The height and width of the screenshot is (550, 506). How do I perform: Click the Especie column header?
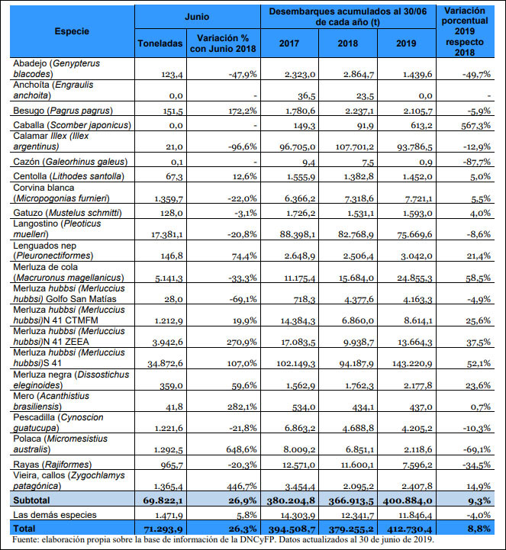(x=72, y=31)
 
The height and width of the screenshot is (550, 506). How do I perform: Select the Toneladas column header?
(x=160, y=43)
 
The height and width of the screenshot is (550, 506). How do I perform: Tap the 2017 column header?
(x=289, y=43)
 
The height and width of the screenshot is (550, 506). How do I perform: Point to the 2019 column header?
(x=406, y=43)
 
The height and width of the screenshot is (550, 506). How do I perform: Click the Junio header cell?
(x=197, y=17)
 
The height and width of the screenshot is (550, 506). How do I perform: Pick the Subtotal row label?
(x=31, y=500)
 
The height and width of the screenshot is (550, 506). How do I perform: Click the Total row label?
(x=24, y=528)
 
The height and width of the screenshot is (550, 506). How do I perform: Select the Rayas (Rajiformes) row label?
(x=53, y=465)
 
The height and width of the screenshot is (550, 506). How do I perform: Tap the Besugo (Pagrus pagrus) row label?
(x=63, y=111)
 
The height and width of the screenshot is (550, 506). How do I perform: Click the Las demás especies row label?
(x=55, y=515)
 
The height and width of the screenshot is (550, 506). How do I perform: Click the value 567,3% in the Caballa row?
(x=475, y=126)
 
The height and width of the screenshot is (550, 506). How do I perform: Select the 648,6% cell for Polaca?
(x=241, y=449)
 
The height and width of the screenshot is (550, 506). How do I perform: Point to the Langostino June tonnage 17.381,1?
(x=166, y=234)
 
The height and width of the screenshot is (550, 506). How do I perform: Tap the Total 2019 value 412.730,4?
(x=407, y=529)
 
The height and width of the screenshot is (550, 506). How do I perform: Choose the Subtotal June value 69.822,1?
(x=163, y=500)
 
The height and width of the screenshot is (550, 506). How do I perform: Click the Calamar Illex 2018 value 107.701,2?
(x=354, y=146)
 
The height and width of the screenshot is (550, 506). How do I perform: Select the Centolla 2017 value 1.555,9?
(x=301, y=177)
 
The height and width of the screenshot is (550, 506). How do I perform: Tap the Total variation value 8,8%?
(x=479, y=529)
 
